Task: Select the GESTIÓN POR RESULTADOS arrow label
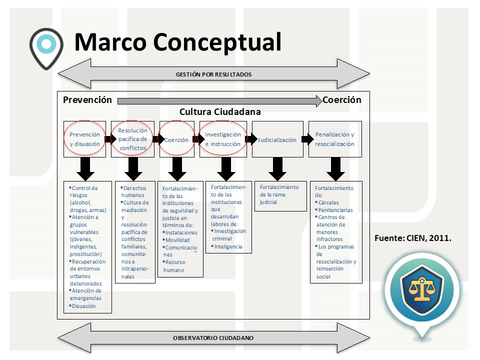[213, 74]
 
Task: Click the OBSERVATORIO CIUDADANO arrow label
[213, 338]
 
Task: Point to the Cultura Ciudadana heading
[220, 112]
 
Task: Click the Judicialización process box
[277, 140]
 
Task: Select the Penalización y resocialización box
[335, 139]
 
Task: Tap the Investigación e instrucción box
[223, 139]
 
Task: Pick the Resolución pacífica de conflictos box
[133, 139]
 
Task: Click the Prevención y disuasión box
[84, 139]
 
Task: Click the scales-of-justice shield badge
[421, 290]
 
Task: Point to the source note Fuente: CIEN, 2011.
[413, 238]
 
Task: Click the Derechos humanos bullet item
[133, 191]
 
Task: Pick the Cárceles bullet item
[328, 203]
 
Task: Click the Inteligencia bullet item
[228, 246]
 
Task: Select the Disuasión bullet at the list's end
[83, 306]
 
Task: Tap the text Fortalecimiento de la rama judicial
[279, 194]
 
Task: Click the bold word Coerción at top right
[341, 100]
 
